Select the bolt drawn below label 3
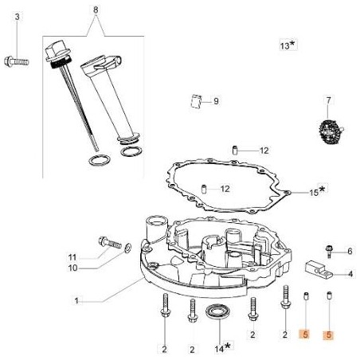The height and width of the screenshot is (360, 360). (18, 57)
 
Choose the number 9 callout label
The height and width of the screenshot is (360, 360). (215, 100)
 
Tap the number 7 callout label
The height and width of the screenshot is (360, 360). (326, 101)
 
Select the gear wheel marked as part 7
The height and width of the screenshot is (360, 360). (326, 129)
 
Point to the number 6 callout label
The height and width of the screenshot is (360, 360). (349, 252)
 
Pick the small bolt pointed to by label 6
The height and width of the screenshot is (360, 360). (331, 251)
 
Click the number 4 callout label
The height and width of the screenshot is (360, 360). (349, 275)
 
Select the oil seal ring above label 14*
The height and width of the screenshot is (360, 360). (217, 311)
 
